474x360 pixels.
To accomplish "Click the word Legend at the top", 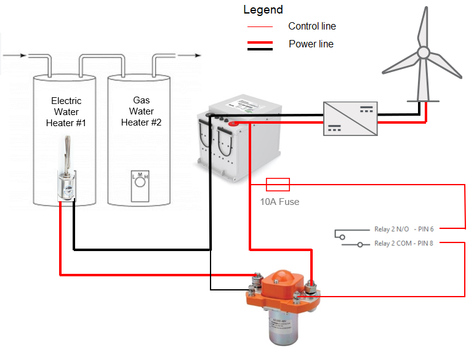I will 263,10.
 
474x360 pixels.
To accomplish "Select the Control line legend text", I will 312,26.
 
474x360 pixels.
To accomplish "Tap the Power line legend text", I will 311,44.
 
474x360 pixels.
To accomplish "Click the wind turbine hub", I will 422,52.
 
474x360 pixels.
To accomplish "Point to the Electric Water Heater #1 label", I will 66,112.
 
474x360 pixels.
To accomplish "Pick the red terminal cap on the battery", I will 234,124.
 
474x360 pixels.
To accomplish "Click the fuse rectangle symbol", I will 278,184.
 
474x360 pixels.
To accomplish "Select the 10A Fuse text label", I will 279,202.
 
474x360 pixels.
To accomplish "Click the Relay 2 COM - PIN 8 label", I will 404,243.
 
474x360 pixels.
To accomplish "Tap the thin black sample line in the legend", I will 259,27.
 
